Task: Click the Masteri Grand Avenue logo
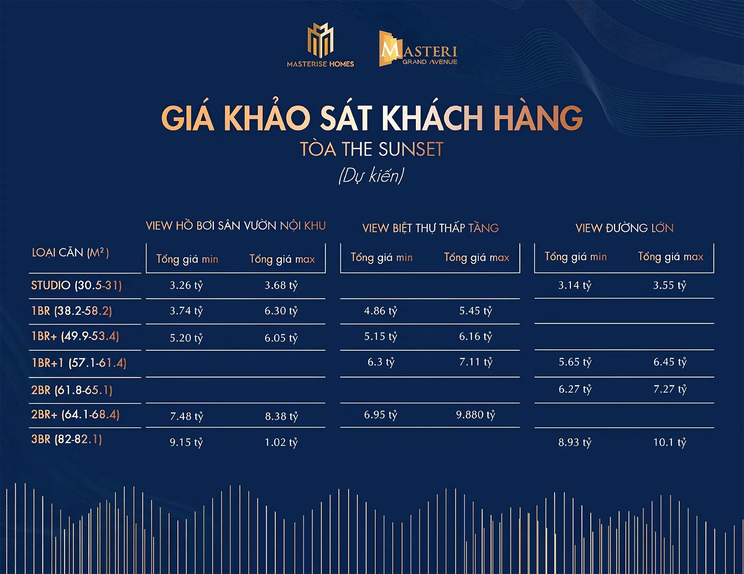pos(418,48)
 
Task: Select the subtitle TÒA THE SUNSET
pos(372,149)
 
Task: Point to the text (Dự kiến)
pos(371,176)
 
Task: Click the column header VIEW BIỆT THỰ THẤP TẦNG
pos(430,228)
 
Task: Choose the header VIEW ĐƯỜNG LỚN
pos(624,228)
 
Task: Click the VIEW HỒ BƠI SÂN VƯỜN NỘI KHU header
pos(236,226)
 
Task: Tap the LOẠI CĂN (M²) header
pos(70,253)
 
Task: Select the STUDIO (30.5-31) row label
pos(76,285)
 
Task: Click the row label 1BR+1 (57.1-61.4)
pos(79,363)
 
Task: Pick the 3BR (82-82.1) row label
pos(66,439)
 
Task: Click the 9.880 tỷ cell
pos(475,415)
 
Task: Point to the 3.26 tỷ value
pos(186,285)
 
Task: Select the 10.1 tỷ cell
pos(670,442)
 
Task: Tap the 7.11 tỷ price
pos(476,362)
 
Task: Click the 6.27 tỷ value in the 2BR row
pos(575,389)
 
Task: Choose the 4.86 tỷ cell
pos(380,311)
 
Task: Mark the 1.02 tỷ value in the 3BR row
pos(281,442)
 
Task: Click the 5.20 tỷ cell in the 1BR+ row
pos(186,338)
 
